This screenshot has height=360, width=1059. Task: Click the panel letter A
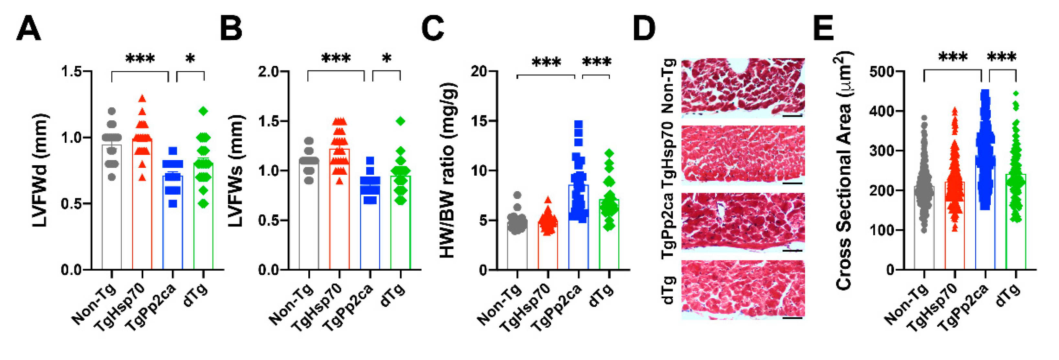click(28, 29)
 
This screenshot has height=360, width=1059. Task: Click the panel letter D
click(644, 29)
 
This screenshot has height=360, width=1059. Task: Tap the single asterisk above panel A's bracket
click(190, 59)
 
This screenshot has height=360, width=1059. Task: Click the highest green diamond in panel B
click(401, 121)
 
